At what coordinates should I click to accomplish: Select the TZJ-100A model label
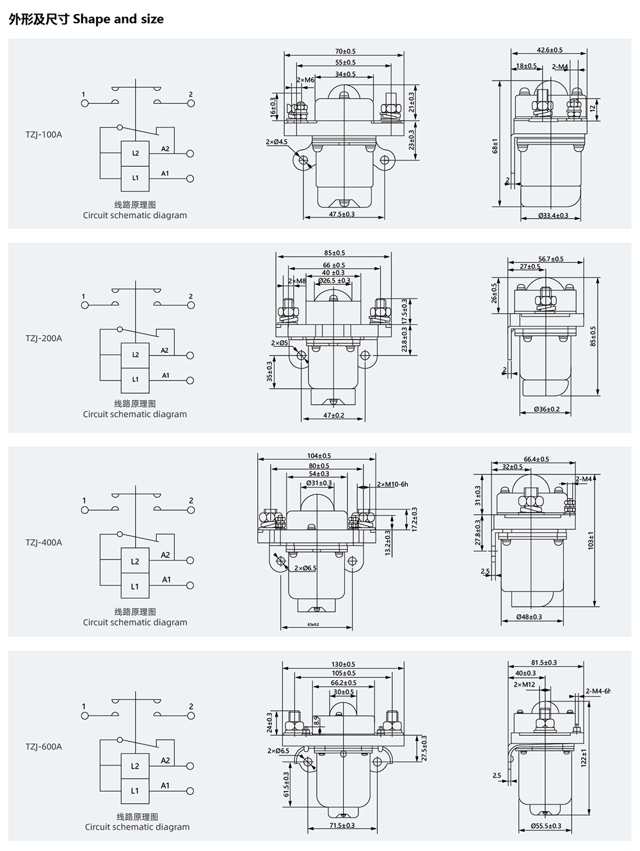tap(44, 135)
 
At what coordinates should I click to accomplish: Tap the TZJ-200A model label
tap(44, 338)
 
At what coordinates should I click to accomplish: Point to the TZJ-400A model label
tap(44, 542)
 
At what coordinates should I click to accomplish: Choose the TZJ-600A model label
tap(44, 746)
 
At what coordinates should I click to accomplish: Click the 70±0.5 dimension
tap(345, 51)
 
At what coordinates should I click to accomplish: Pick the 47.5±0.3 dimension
tap(342, 214)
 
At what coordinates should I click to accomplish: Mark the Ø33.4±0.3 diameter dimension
tap(553, 215)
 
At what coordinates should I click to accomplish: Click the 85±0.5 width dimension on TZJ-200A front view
tap(333, 253)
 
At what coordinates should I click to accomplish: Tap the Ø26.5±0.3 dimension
tap(335, 281)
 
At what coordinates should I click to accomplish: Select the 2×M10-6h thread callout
tap(392, 484)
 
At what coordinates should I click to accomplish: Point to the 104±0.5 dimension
tap(319, 456)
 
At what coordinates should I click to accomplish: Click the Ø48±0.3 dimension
tap(529, 617)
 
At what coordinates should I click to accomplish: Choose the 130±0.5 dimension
tap(343, 664)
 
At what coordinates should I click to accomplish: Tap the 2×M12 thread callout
tap(524, 684)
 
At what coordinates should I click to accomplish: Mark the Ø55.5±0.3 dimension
tap(545, 826)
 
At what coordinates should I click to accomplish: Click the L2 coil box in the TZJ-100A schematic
tap(136, 153)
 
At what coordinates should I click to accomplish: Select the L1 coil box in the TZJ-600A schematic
tap(135, 790)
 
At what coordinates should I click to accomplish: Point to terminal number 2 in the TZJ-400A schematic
tap(191, 501)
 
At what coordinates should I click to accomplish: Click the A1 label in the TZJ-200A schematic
tap(166, 375)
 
